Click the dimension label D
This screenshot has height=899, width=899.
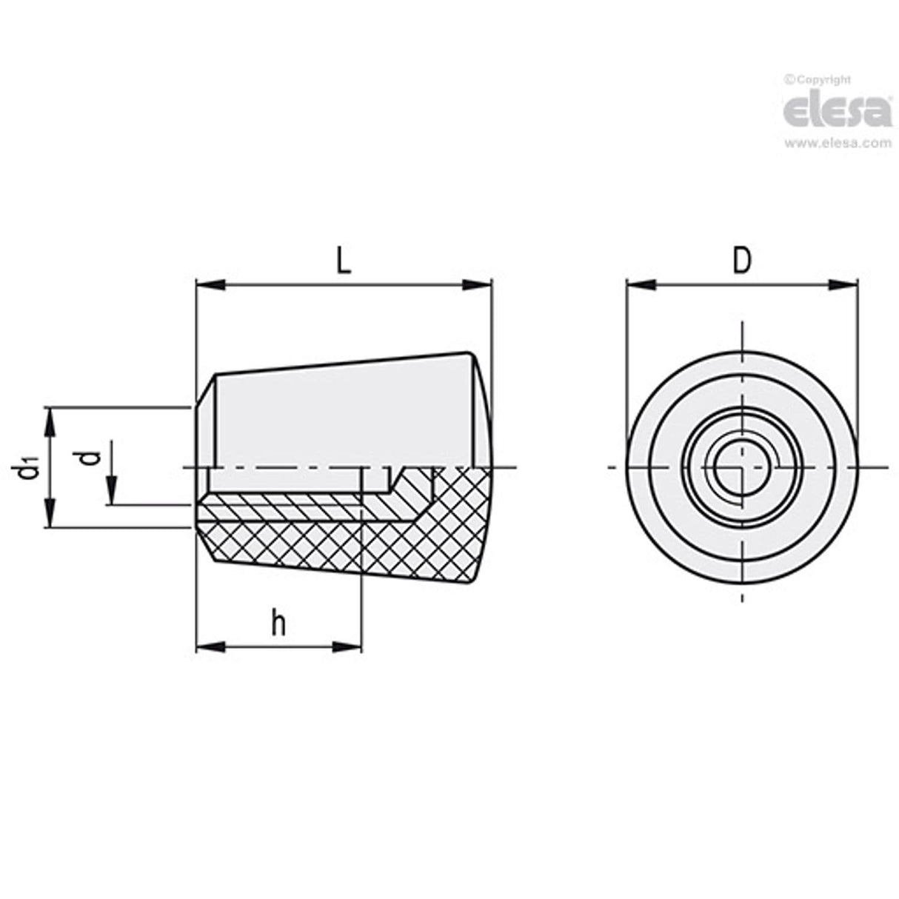(741, 261)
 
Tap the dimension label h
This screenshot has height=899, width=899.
(278, 624)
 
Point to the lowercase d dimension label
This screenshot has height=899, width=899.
(90, 457)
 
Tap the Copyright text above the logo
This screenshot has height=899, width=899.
(818, 80)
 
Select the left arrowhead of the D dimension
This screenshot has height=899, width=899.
(639, 284)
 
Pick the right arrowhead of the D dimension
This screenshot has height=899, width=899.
(845, 284)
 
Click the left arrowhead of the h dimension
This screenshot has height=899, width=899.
(209, 646)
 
